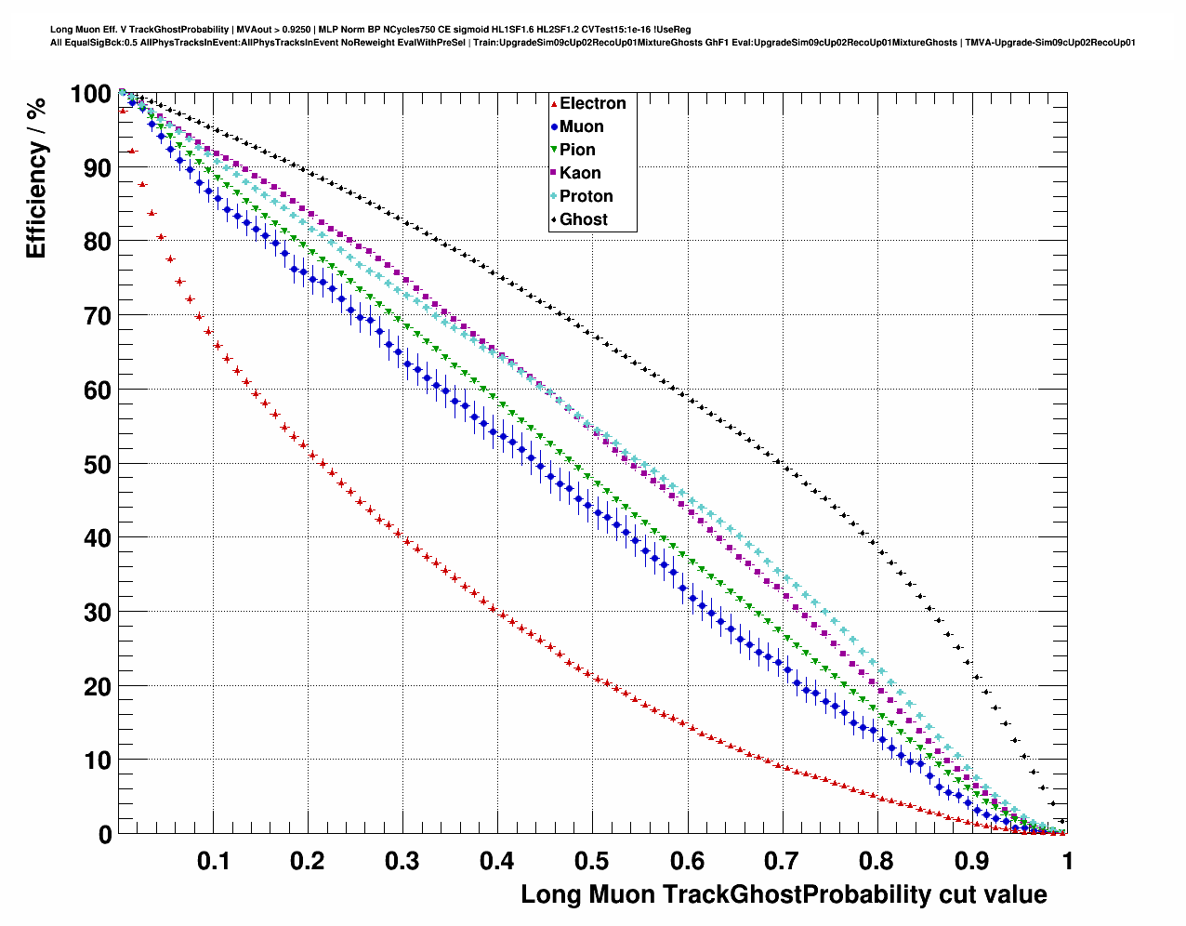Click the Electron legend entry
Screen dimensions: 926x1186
[x=592, y=103]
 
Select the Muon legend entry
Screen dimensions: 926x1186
[x=581, y=126]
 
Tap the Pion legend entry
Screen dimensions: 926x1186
[x=577, y=150]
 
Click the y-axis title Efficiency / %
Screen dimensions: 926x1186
[x=35, y=178]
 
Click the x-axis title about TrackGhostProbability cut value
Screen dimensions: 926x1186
[x=784, y=894]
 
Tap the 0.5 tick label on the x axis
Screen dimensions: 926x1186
[x=592, y=861]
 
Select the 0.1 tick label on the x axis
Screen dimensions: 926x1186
[x=213, y=861]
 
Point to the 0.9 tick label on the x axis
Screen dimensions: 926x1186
[x=971, y=861]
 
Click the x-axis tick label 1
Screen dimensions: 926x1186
[x=1067, y=861]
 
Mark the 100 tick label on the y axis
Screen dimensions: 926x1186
[x=90, y=94]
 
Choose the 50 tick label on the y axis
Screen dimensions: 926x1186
[x=98, y=464]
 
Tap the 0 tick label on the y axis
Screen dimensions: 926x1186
[x=105, y=835]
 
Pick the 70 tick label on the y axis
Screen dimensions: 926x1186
[x=98, y=316]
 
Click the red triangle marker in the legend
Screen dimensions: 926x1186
[x=554, y=103]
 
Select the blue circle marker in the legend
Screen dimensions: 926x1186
[x=554, y=126]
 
